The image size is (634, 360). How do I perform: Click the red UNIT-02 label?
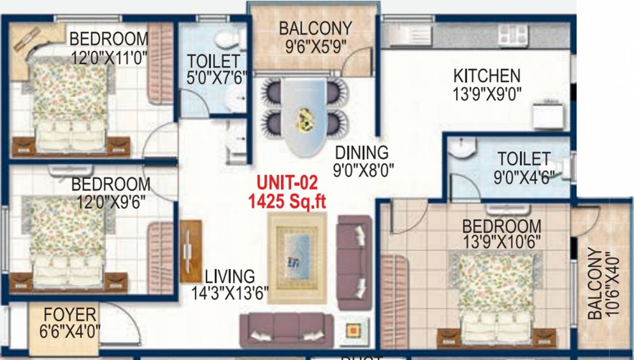point(287,183)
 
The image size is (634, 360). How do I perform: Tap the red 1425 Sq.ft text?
point(288,201)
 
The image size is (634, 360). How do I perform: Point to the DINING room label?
point(362,153)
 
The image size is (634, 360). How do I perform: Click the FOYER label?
point(70,314)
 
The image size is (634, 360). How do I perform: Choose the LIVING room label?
point(230,276)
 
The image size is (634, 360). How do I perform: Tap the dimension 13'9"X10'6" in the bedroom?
point(502,242)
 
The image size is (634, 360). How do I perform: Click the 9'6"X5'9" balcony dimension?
point(315,46)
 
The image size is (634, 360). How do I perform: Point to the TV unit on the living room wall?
point(190,251)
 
